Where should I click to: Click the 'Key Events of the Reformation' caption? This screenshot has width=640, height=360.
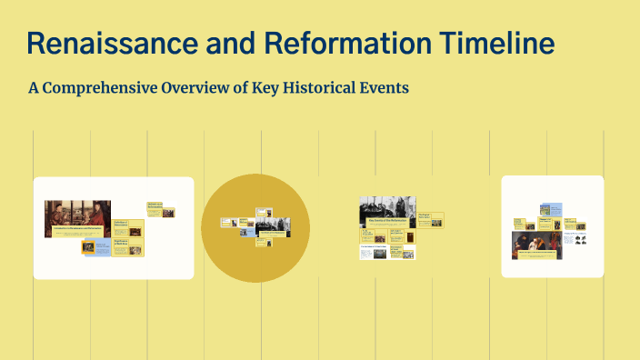click(x=386, y=220)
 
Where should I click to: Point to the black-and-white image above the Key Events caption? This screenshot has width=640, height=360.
click(x=386, y=205)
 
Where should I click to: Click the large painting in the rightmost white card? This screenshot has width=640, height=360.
click(x=536, y=244)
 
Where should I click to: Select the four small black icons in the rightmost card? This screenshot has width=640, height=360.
click(x=576, y=240)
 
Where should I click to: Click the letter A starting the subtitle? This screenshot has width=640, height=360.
click(x=35, y=88)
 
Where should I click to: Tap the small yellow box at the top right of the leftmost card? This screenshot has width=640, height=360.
click(x=159, y=210)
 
